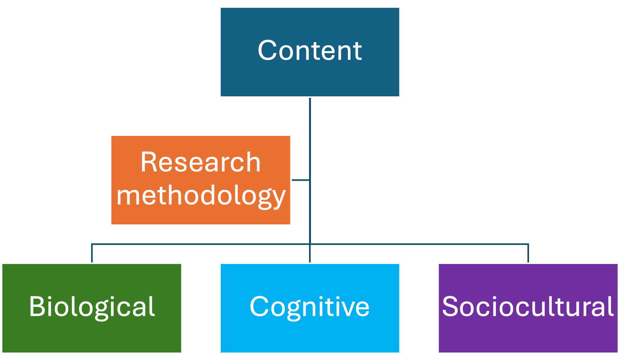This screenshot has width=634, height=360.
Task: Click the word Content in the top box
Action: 310,51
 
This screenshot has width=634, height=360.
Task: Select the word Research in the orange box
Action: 201,162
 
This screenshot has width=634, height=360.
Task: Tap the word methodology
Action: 201,196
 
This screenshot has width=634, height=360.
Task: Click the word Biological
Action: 92,307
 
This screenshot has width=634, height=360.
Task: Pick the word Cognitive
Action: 310,307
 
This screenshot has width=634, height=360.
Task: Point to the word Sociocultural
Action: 528,307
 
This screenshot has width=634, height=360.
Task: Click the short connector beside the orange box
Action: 301,180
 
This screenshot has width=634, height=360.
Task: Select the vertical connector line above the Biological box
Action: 92,253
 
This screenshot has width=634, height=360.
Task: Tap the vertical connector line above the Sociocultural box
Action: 528,253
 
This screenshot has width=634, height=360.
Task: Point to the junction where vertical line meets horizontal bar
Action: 310,244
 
